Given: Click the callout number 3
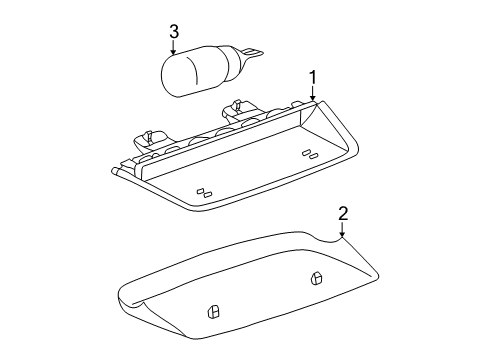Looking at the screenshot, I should [174, 32].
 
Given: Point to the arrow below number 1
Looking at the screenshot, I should [312, 98].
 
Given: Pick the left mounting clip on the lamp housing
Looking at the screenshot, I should [150, 137].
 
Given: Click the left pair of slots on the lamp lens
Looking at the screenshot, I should [205, 192].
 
